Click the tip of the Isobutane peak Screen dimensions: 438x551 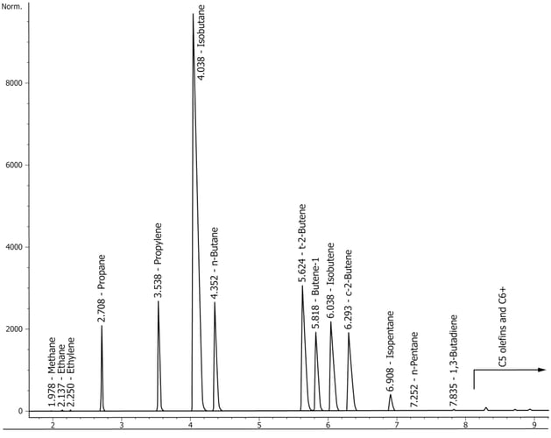(193, 14)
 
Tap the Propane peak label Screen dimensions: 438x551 (102, 289)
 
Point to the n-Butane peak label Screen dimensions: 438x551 (215, 264)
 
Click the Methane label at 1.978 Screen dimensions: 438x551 (53, 372)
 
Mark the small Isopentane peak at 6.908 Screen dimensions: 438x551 (391, 396)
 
